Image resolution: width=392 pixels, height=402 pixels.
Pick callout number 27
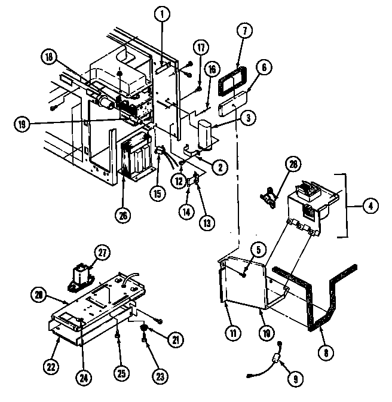(103, 253)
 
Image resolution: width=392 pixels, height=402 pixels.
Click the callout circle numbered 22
(52, 366)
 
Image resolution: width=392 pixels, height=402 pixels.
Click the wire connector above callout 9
(277, 359)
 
